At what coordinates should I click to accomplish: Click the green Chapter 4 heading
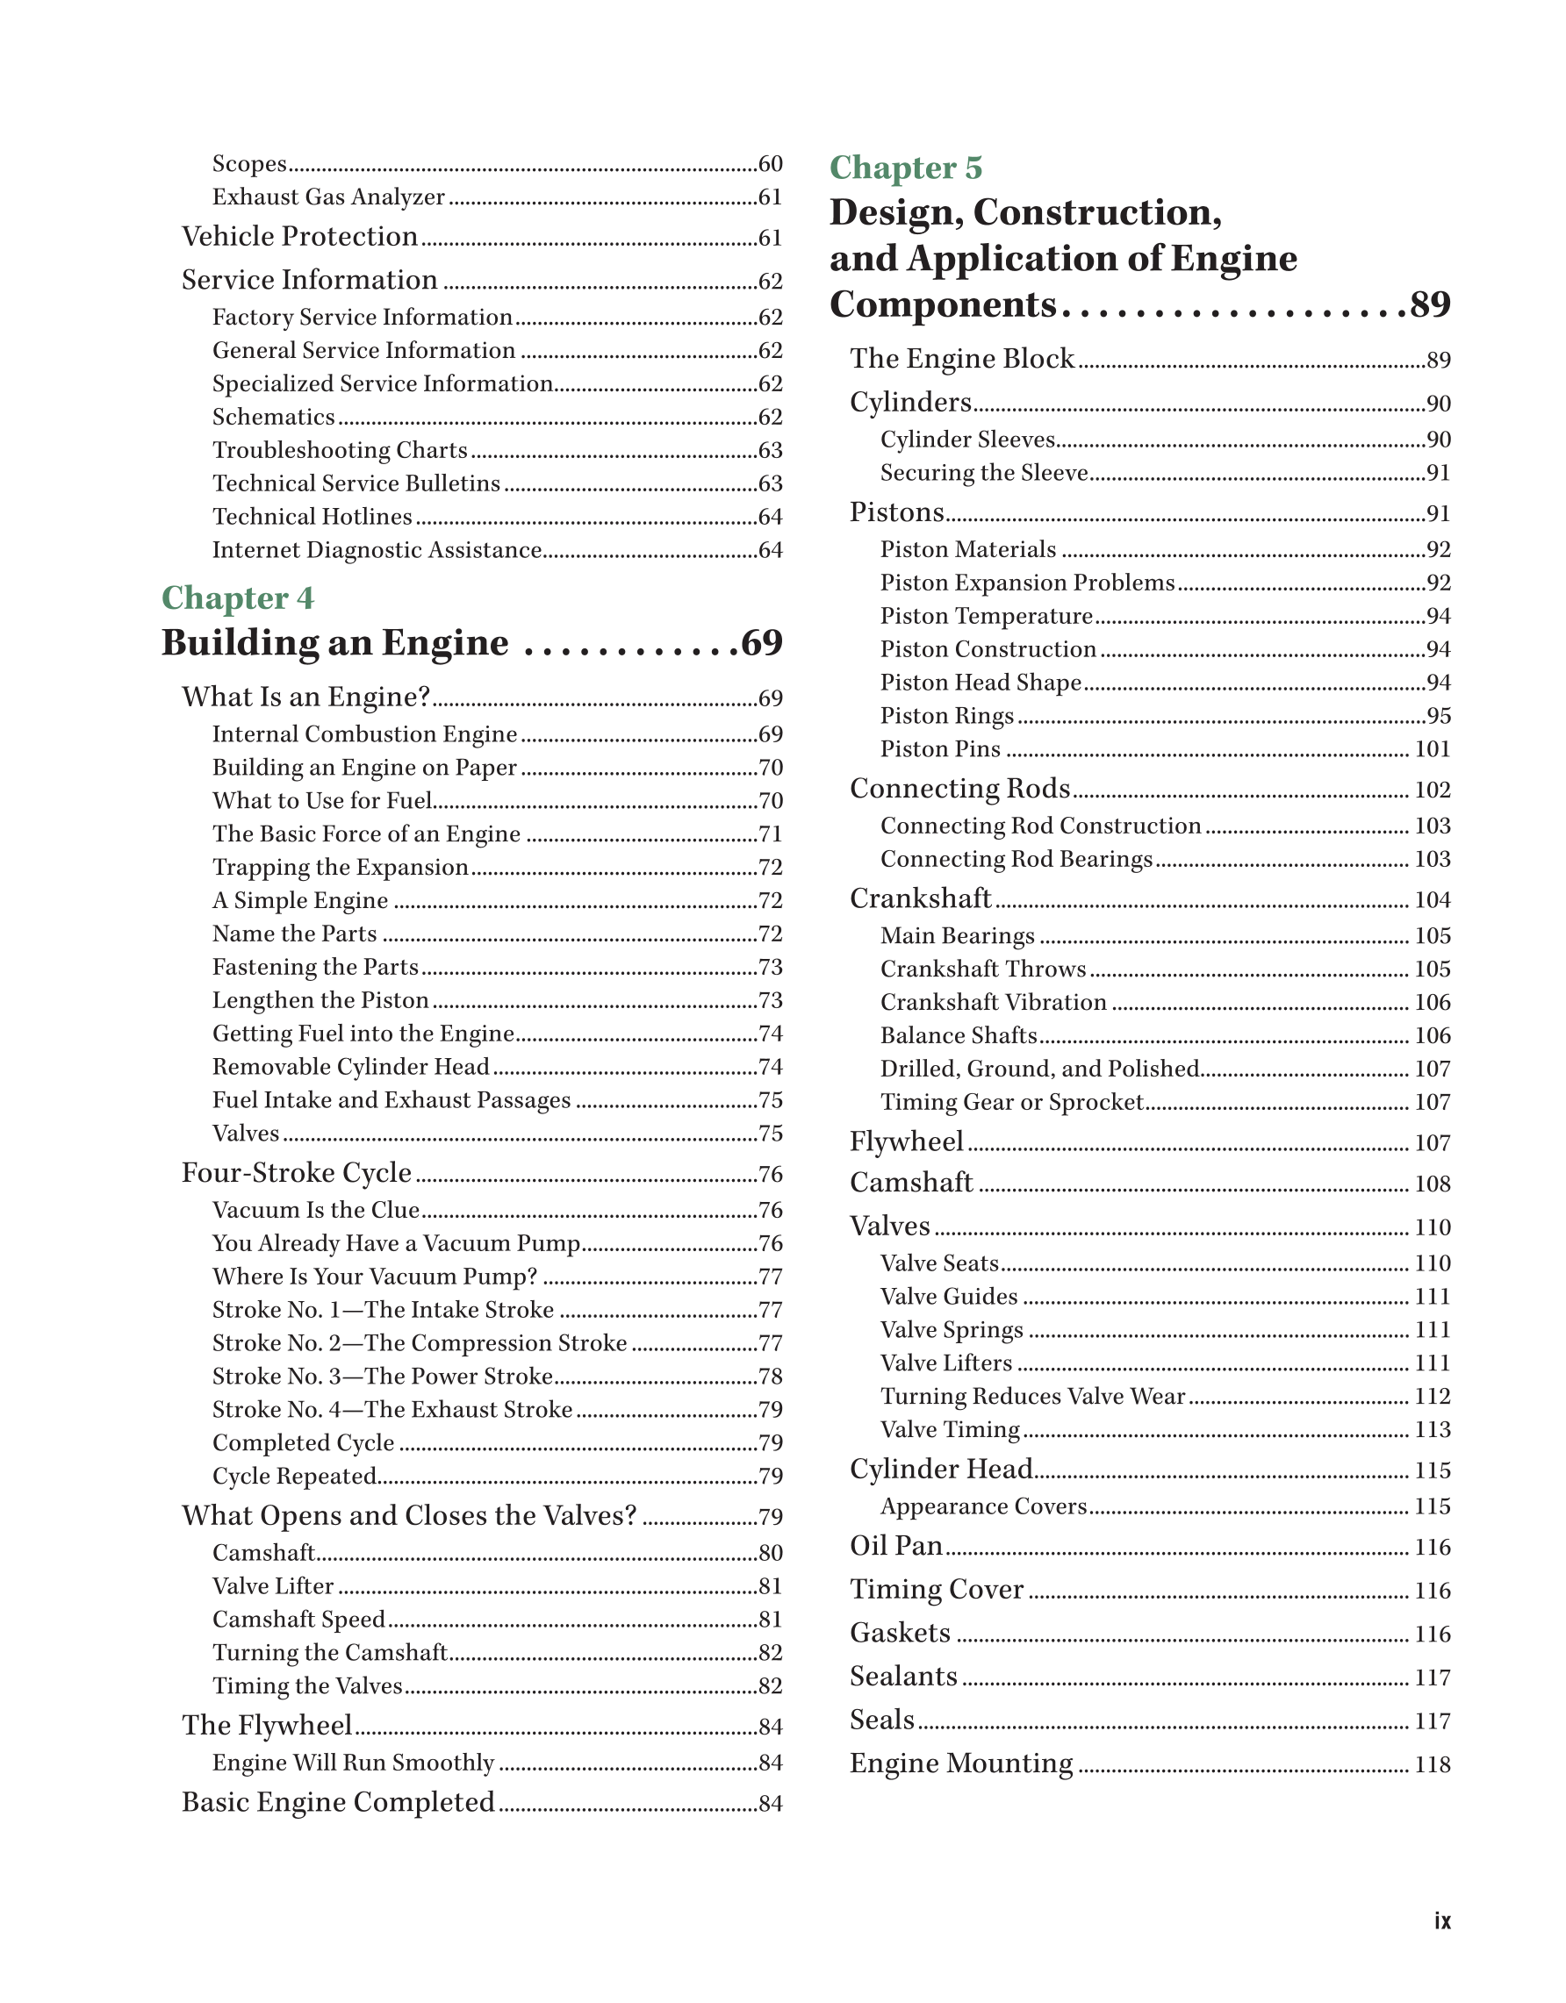238,598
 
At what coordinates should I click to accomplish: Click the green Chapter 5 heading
906,168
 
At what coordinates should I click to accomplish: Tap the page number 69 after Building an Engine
761,643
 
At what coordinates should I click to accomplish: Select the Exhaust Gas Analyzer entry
328,197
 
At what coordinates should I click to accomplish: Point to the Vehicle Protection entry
300,237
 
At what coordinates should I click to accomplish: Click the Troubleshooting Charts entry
341,450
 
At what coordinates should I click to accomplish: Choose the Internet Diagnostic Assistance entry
377,550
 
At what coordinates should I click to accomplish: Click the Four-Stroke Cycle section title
297,1173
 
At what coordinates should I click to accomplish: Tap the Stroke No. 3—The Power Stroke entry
383,1377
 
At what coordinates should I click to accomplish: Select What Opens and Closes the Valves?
409,1516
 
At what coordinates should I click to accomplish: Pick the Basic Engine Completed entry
339,1802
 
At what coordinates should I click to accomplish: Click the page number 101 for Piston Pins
1432,749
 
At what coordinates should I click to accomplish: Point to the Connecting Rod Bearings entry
1016,859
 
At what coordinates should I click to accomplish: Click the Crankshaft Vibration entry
994,1003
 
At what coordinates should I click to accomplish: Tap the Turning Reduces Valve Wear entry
1033,1397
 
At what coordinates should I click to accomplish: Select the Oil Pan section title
896,1546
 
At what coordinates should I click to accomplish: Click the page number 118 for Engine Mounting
1432,1764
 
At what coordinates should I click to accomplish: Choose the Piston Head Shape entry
981,683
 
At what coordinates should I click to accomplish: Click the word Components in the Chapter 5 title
943,304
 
